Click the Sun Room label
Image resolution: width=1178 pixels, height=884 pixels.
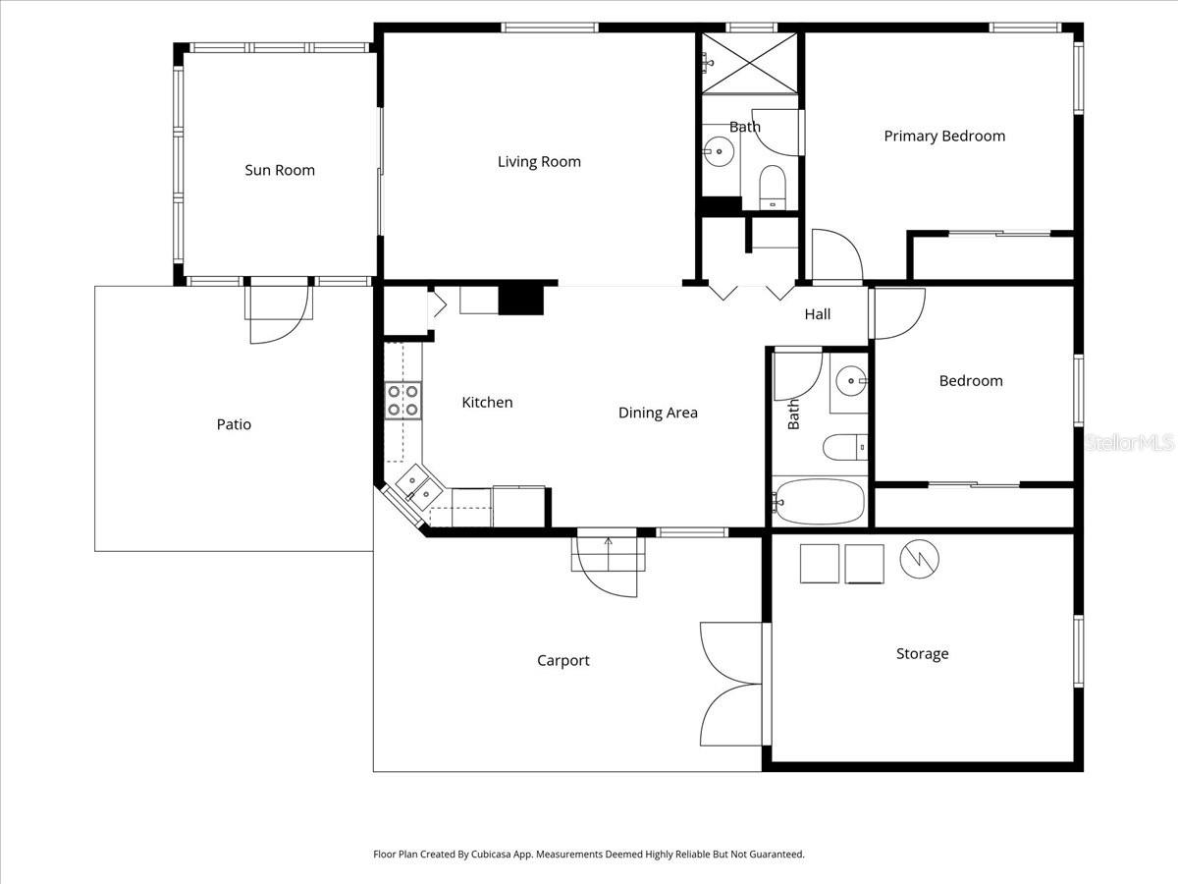click(x=280, y=170)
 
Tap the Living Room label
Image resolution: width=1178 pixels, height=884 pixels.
click(x=539, y=162)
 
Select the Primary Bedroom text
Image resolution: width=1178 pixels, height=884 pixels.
click(x=944, y=137)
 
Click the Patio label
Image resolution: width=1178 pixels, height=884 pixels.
click(x=234, y=424)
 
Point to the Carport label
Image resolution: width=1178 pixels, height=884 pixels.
click(x=563, y=661)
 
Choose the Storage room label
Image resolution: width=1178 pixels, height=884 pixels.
click(x=922, y=654)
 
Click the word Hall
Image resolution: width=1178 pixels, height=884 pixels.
click(x=818, y=314)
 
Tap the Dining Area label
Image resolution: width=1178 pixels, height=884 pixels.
click(x=658, y=413)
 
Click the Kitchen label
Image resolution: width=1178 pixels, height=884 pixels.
click(x=487, y=403)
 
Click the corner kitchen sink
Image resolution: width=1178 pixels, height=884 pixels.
click(x=419, y=486)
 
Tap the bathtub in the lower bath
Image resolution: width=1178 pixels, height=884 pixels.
click(x=819, y=503)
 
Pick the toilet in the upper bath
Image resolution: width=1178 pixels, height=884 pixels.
click(x=774, y=187)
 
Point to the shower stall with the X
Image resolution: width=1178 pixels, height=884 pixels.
click(x=749, y=63)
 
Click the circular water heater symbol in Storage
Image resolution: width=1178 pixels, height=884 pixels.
click(x=920, y=559)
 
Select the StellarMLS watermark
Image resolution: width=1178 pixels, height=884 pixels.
click(x=1129, y=444)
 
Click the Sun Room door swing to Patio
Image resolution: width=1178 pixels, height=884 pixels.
click(x=280, y=314)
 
